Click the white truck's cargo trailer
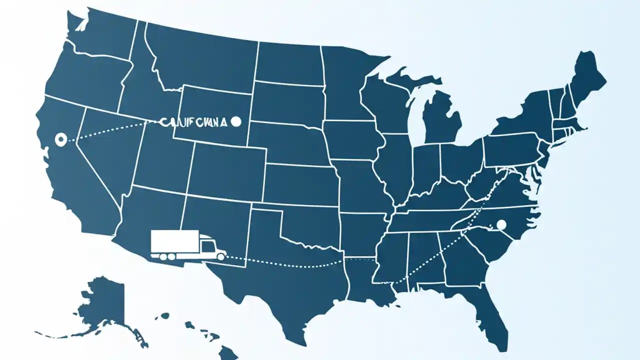point(174,241)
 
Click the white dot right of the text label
point(237,121)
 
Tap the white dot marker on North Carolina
point(501,224)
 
